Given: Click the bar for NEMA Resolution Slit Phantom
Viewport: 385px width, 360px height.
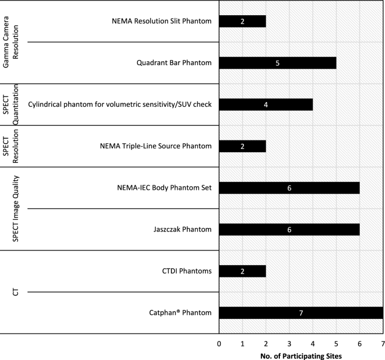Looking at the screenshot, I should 242,21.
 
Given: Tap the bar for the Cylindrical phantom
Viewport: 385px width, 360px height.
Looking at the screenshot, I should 266,104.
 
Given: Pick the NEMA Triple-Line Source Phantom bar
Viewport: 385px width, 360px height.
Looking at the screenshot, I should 242,146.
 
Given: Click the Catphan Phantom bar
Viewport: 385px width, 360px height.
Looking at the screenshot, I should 301,313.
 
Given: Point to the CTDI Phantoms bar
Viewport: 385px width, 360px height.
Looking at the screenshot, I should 242,271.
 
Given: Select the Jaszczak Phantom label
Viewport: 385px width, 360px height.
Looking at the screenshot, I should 183,230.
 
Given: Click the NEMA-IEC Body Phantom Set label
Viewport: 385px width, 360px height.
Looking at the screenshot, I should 161,188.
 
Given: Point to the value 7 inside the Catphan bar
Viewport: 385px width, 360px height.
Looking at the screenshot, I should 301,313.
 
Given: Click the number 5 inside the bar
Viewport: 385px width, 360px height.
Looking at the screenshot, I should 278,63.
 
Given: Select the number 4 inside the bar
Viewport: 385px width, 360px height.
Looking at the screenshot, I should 266,104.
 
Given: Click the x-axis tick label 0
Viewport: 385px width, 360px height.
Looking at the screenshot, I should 219,343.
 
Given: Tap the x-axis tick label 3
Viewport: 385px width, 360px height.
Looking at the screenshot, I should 289,343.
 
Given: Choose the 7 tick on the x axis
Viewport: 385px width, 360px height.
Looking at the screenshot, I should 382,343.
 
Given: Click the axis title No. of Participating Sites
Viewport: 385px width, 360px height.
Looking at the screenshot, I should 301,355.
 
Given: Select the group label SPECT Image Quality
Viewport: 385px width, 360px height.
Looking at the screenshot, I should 16,209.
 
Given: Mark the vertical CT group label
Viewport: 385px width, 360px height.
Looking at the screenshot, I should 16,292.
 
